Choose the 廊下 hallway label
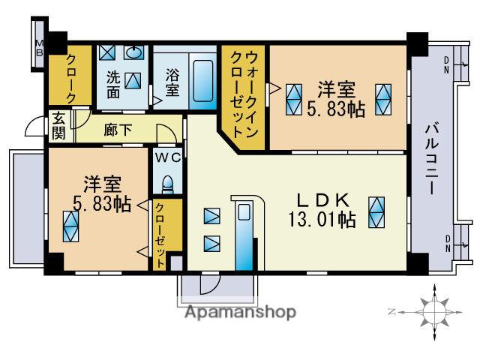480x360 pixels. [x=118, y=129]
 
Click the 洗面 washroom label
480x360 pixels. [x=113, y=85]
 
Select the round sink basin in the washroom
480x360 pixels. [x=135, y=52]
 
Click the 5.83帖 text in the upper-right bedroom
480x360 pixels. [x=336, y=109]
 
